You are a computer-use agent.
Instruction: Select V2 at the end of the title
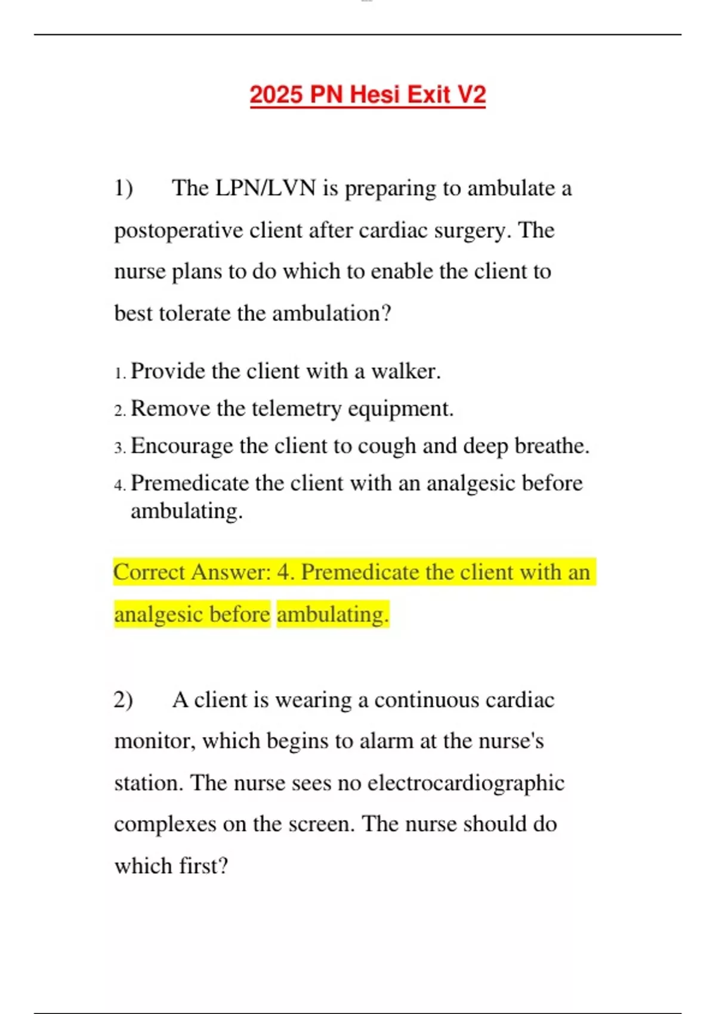pos(471,95)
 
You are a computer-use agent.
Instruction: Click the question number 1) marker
pos(124,188)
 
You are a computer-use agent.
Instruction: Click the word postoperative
pos(178,230)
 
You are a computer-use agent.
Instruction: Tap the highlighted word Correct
pos(149,572)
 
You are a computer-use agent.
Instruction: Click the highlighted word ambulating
pos(332,614)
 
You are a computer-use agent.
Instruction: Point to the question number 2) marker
pos(124,700)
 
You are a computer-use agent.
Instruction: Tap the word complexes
pos(165,824)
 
